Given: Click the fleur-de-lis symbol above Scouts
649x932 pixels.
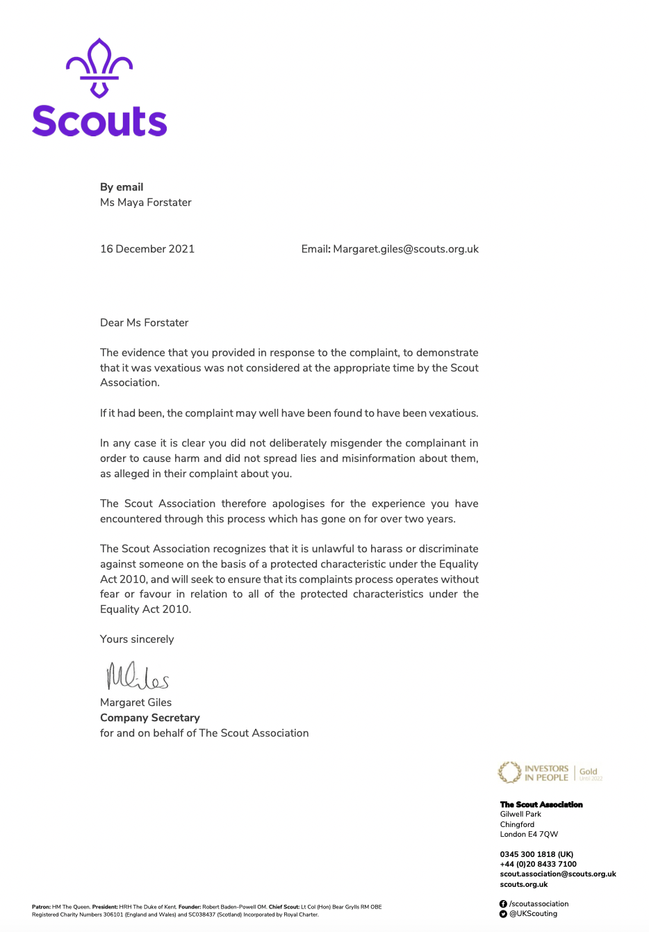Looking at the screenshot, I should (x=99, y=67).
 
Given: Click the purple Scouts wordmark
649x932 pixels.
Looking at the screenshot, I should (x=99, y=121).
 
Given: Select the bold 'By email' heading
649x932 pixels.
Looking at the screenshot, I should (x=122, y=187).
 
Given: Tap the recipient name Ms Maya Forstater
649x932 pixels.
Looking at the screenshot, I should (x=146, y=202).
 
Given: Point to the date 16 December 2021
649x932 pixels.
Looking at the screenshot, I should (x=147, y=249).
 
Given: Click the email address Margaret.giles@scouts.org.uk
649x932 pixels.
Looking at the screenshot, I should (x=406, y=249).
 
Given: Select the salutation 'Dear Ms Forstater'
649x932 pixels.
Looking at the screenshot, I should (x=144, y=323).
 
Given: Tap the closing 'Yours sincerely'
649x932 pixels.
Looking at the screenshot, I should (x=137, y=639).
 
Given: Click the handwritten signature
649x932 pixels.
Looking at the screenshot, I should (x=137, y=675).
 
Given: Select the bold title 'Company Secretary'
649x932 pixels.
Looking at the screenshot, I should (x=150, y=718).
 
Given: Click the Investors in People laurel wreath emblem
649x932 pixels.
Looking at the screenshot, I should (x=509, y=772).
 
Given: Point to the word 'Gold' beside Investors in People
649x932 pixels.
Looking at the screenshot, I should (x=589, y=771).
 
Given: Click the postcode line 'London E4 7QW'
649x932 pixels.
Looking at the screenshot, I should (x=529, y=835).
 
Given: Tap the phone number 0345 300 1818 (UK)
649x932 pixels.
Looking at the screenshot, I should (x=536, y=854).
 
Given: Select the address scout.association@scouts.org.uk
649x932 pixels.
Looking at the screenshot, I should (x=558, y=874).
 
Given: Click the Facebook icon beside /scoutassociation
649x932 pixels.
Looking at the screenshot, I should (x=503, y=904).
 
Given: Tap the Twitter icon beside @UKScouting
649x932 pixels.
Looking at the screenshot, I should (x=503, y=914).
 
